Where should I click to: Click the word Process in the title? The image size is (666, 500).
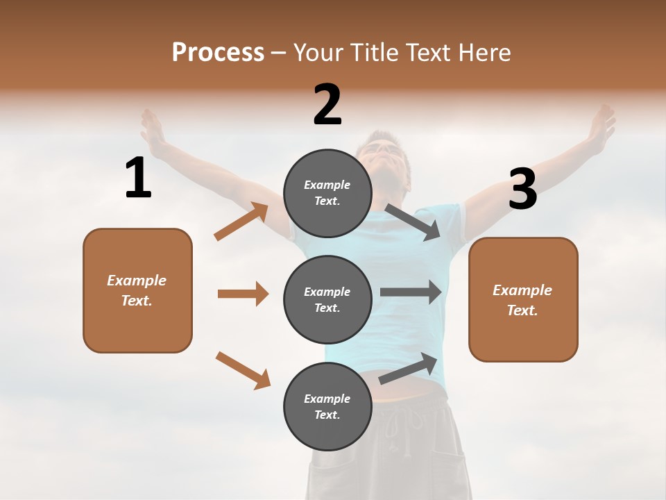[218, 53]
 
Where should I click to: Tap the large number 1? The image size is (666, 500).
[138, 178]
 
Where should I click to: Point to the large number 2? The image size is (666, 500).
[327, 105]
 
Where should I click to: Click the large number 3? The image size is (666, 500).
[522, 190]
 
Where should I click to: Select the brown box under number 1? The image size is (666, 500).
[137, 290]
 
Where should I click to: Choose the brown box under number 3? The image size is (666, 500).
[523, 299]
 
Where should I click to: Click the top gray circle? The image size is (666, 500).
[327, 193]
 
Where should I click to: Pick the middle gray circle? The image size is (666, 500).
[327, 299]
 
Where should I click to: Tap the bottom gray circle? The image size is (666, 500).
[327, 406]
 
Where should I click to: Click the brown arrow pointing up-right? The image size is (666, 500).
[241, 222]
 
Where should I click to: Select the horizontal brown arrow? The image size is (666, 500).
[243, 294]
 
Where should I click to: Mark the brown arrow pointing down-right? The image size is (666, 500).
[243, 370]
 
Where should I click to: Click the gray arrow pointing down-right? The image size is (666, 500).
[412, 222]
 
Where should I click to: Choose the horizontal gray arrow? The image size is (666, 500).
[410, 292]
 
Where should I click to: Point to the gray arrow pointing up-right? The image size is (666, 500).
[408, 368]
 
